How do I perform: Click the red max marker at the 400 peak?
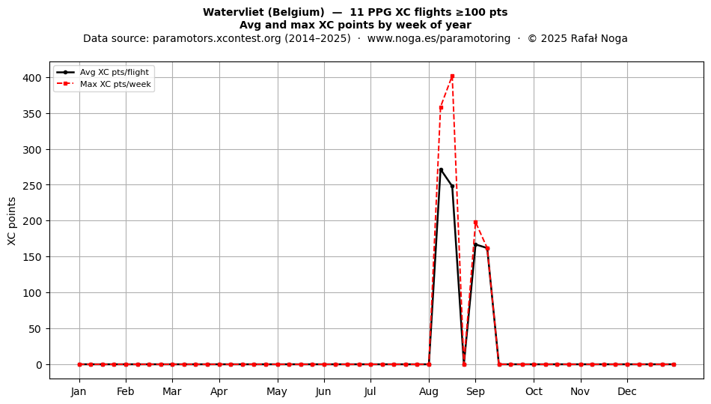[452, 76]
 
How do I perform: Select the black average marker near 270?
[441, 170]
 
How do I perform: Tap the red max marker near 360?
[441, 108]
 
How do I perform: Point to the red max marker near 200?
[476, 223]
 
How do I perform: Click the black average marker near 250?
[452, 186]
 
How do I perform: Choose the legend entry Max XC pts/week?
[103, 84]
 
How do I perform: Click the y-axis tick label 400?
[32, 78]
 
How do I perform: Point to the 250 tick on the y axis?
[32, 186]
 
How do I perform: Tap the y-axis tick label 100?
[32, 293]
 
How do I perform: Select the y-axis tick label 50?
[35, 329]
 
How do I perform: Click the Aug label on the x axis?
[429, 391]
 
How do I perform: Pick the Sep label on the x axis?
[476, 391]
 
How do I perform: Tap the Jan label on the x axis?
[79, 391]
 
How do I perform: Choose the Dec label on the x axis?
[628, 391]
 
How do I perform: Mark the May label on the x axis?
[277, 391]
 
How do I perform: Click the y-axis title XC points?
[12, 221]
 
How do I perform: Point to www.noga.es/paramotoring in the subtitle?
[439, 38]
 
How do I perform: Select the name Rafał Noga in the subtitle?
[599, 38]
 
